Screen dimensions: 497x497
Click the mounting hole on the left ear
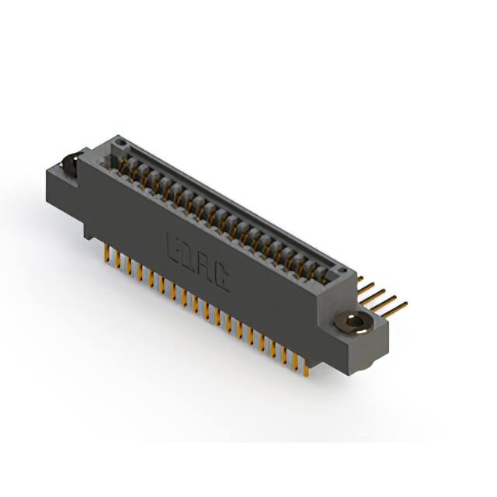pyautogui.click(x=68, y=164)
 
